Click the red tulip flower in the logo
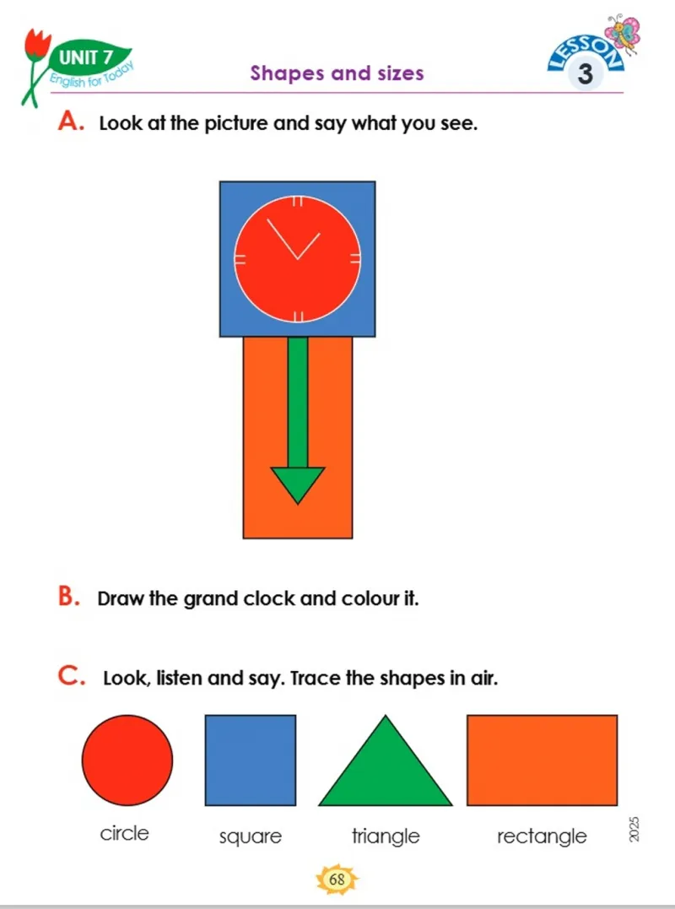pos(38,43)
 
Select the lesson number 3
pos(586,75)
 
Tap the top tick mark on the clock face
pos(297,202)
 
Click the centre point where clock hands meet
pos(297,258)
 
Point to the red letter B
pos(67,597)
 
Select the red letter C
pos(71,675)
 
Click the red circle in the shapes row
pos(127,760)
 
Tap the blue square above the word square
pos(251,760)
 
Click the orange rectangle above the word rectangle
pos(543,760)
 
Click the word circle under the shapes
pos(125,833)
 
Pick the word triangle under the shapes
pos(386,836)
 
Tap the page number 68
pos(337,879)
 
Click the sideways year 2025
pos(634,831)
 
